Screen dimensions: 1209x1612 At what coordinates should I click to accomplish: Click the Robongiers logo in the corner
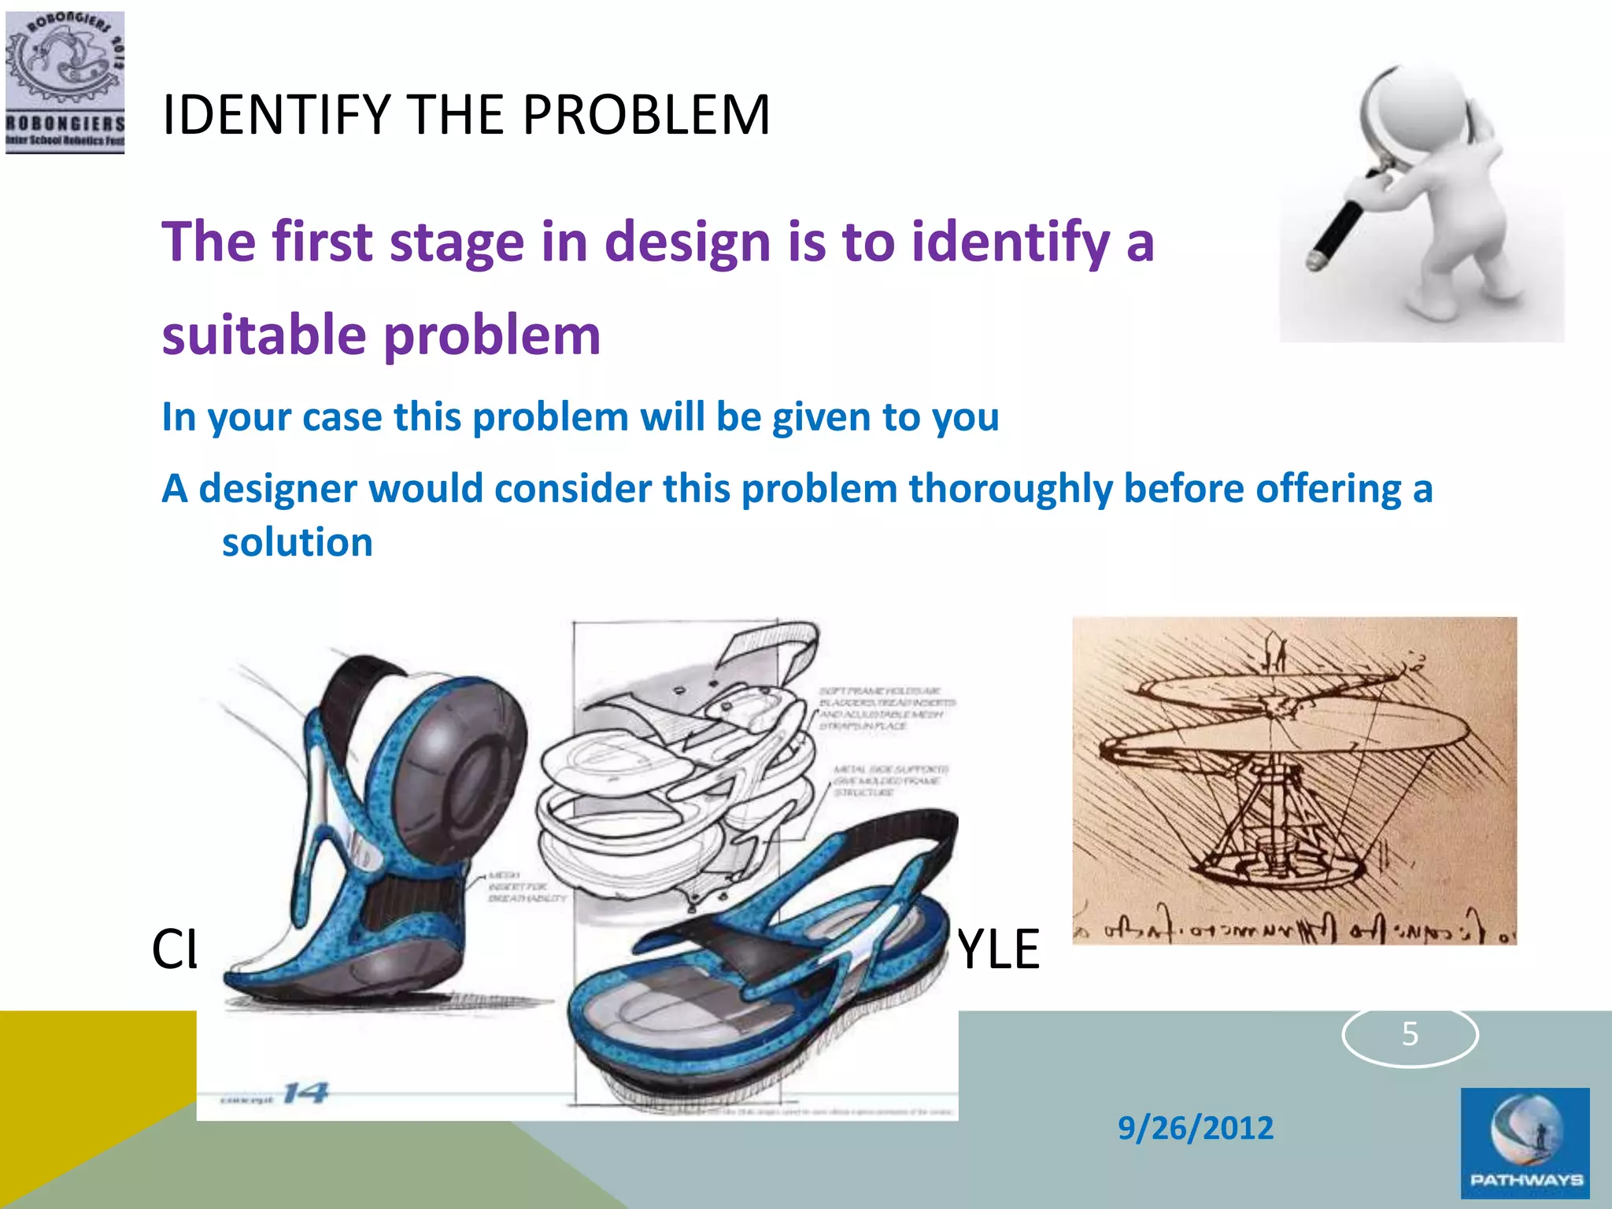pos(65,82)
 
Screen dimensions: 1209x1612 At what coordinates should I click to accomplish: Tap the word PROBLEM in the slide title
pos(645,116)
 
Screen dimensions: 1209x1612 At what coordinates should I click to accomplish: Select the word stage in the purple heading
pos(457,242)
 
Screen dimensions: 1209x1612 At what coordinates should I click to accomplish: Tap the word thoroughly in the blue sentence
pos(1010,489)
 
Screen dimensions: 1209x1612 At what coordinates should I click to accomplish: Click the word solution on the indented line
pos(297,542)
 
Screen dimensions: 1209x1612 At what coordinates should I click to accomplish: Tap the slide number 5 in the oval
pos(1409,1033)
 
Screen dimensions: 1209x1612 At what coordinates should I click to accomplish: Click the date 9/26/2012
pos(1195,1128)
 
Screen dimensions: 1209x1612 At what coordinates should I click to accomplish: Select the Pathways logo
pos(1525,1144)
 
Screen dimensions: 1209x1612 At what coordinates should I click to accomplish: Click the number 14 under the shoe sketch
pos(305,1093)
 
